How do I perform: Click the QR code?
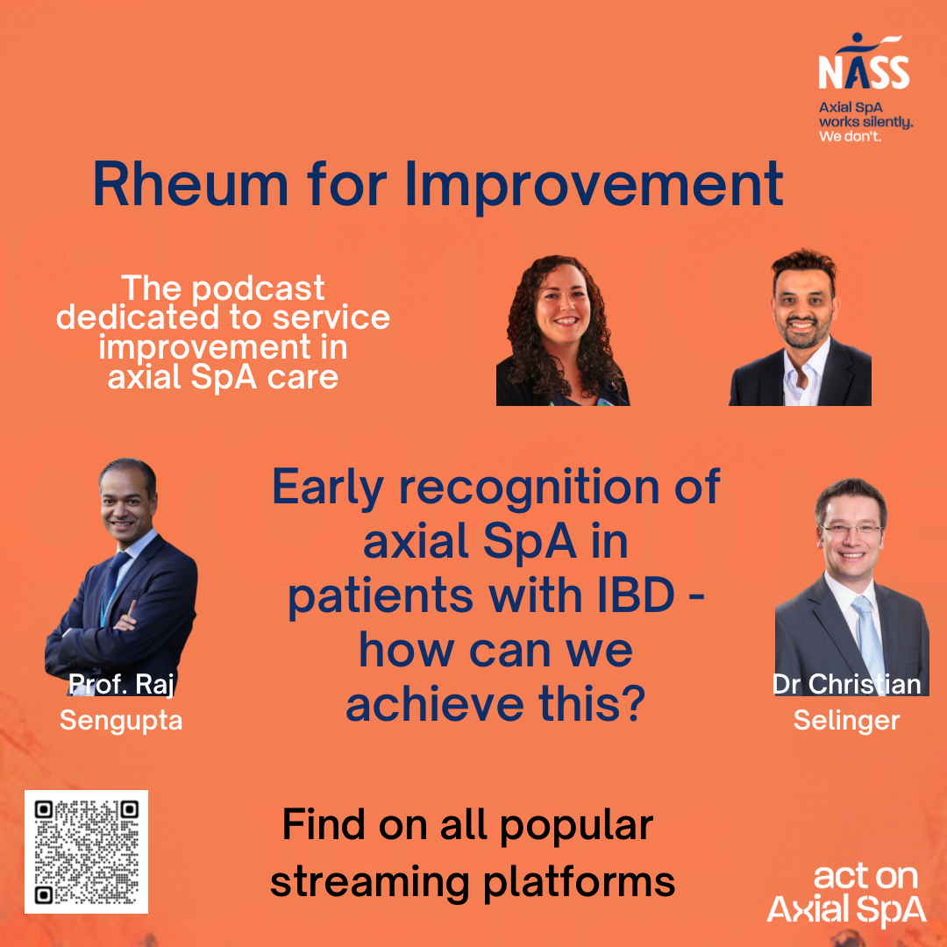pos(86,851)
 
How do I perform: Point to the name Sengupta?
pos(121,721)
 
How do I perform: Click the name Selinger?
pos(847,721)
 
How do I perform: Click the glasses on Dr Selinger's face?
pos(851,530)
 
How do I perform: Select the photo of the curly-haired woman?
pos(563,331)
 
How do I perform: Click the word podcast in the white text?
pos(259,288)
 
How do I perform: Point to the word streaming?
pos(370,883)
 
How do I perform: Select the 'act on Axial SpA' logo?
pos(847,895)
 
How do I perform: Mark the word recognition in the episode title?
pos(529,488)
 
